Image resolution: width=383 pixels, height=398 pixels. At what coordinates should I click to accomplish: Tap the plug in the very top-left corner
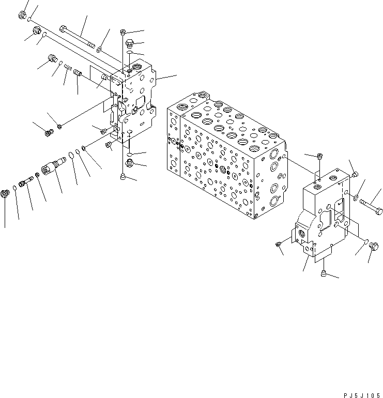[x=23, y=16]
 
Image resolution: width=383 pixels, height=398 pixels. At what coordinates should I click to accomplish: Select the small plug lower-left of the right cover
[x=278, y=243]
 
